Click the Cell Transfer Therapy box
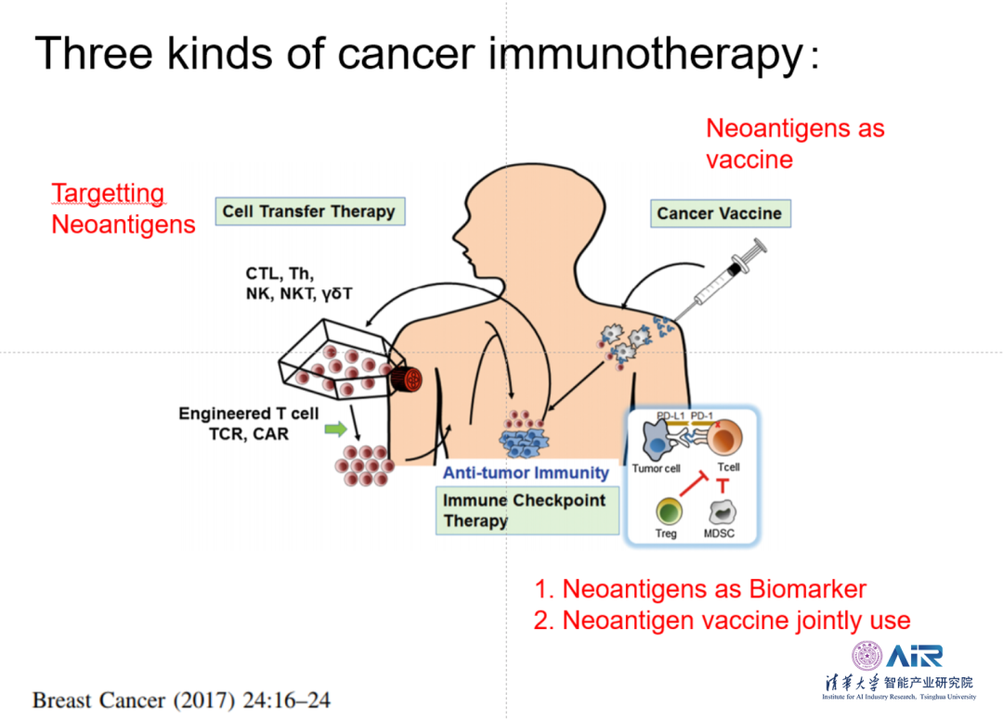pos(308,212)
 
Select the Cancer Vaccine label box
pos(719,213)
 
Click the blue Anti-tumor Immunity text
pos(526,472)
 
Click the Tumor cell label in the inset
pos(657,469)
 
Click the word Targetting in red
pos(108,194)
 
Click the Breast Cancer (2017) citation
pos(181,699)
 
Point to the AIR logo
pos(914,656)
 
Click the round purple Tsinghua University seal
pos(867,657)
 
